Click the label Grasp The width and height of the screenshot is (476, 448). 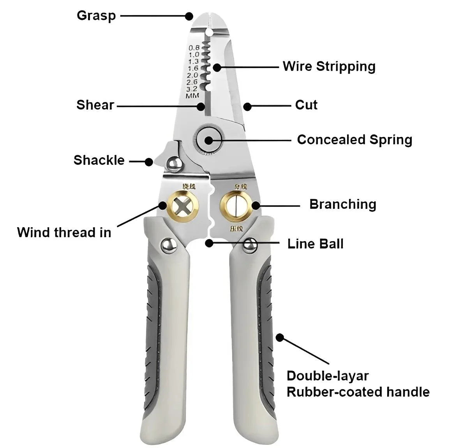(96, 16)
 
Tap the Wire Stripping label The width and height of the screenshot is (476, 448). (329, 66)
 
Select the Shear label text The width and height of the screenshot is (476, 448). (95, 105)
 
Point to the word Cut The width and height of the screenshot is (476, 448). (306, 105)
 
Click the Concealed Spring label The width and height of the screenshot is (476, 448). (354, 140)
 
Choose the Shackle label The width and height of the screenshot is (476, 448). (99, 160)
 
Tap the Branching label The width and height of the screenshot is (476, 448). (343, 204)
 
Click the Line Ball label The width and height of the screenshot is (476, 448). (316, 244)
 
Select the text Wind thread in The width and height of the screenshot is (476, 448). (64, 233)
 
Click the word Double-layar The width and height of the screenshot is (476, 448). (328, 376)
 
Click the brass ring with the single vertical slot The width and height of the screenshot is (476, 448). (236, 205)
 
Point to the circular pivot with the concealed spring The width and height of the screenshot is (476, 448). (209, 139)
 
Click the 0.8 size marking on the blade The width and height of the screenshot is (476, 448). (194, 48)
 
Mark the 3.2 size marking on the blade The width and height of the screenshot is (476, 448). (192, 89)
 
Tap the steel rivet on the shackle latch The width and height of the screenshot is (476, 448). (174, 164)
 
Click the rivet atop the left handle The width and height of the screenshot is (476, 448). (169, 245)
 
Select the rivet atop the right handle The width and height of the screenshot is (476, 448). (250, 245)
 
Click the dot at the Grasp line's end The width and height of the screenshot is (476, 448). (189, 16)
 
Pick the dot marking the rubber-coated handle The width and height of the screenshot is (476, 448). (280, 337)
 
